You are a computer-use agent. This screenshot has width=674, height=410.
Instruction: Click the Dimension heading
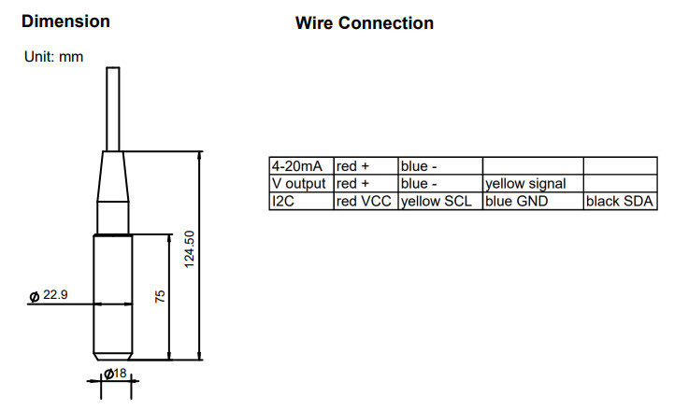pyautogui.click(x=65, y=21)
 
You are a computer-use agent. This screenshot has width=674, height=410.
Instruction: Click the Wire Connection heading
pyautogui.click(x=365, y=22)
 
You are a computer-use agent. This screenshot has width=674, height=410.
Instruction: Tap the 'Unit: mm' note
pyautogui.click(x=53, y=57)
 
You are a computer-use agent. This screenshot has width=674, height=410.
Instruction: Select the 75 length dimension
pyautogui.click(x=160, y=296)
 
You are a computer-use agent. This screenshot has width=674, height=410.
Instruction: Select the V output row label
pyautogui.click(x=299, y=184)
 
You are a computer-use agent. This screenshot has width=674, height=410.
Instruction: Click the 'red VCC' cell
pyautogui.click(x=363, y=201)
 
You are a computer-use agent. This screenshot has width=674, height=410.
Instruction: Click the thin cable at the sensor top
pyautogui.click(x=113, y=107)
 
